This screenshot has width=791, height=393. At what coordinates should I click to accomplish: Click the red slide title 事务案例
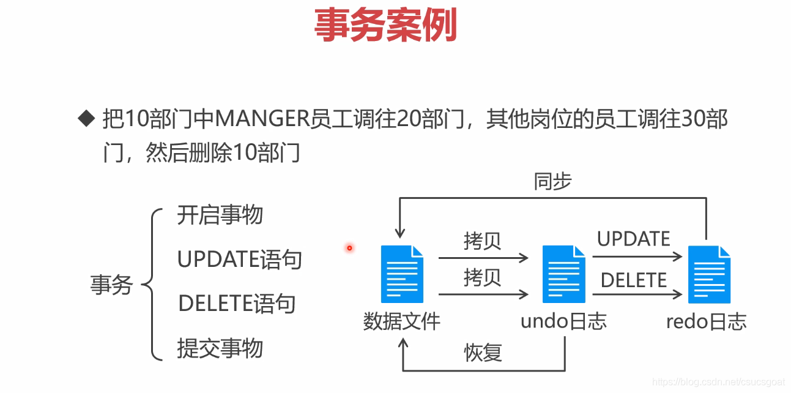[385, 25]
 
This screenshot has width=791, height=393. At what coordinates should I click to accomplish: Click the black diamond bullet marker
[87, 118]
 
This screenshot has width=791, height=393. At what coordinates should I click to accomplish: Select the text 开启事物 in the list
[220, 215]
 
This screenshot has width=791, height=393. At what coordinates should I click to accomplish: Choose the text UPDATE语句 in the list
[240, 260]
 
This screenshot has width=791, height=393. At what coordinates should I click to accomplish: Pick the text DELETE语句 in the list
[237, 304]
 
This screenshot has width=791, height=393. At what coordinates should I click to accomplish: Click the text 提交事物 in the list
[220, 348]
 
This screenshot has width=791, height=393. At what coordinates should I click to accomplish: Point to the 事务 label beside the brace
[111, 285]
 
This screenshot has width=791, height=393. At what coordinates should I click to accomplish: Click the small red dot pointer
[349, 248]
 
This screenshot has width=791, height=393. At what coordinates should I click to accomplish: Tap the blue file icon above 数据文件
[402, 274]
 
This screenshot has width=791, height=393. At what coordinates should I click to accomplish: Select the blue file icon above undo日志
[563, 274]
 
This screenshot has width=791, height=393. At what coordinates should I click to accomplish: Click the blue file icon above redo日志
[709, 274]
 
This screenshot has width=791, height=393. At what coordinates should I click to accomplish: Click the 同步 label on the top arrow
[552, 182]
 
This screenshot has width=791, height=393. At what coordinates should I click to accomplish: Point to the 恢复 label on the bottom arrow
[483, 353]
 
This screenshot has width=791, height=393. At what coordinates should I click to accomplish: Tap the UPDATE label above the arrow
[634, 239]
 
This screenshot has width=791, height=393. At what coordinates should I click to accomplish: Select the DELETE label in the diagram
[634, 280]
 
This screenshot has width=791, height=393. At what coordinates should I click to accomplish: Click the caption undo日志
[563, 321]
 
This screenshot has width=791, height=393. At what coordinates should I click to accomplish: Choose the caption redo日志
[707, 321]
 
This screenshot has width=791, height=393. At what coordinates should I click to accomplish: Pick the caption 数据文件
[401, 321]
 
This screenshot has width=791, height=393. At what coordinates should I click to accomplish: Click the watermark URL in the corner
[718, 382]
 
